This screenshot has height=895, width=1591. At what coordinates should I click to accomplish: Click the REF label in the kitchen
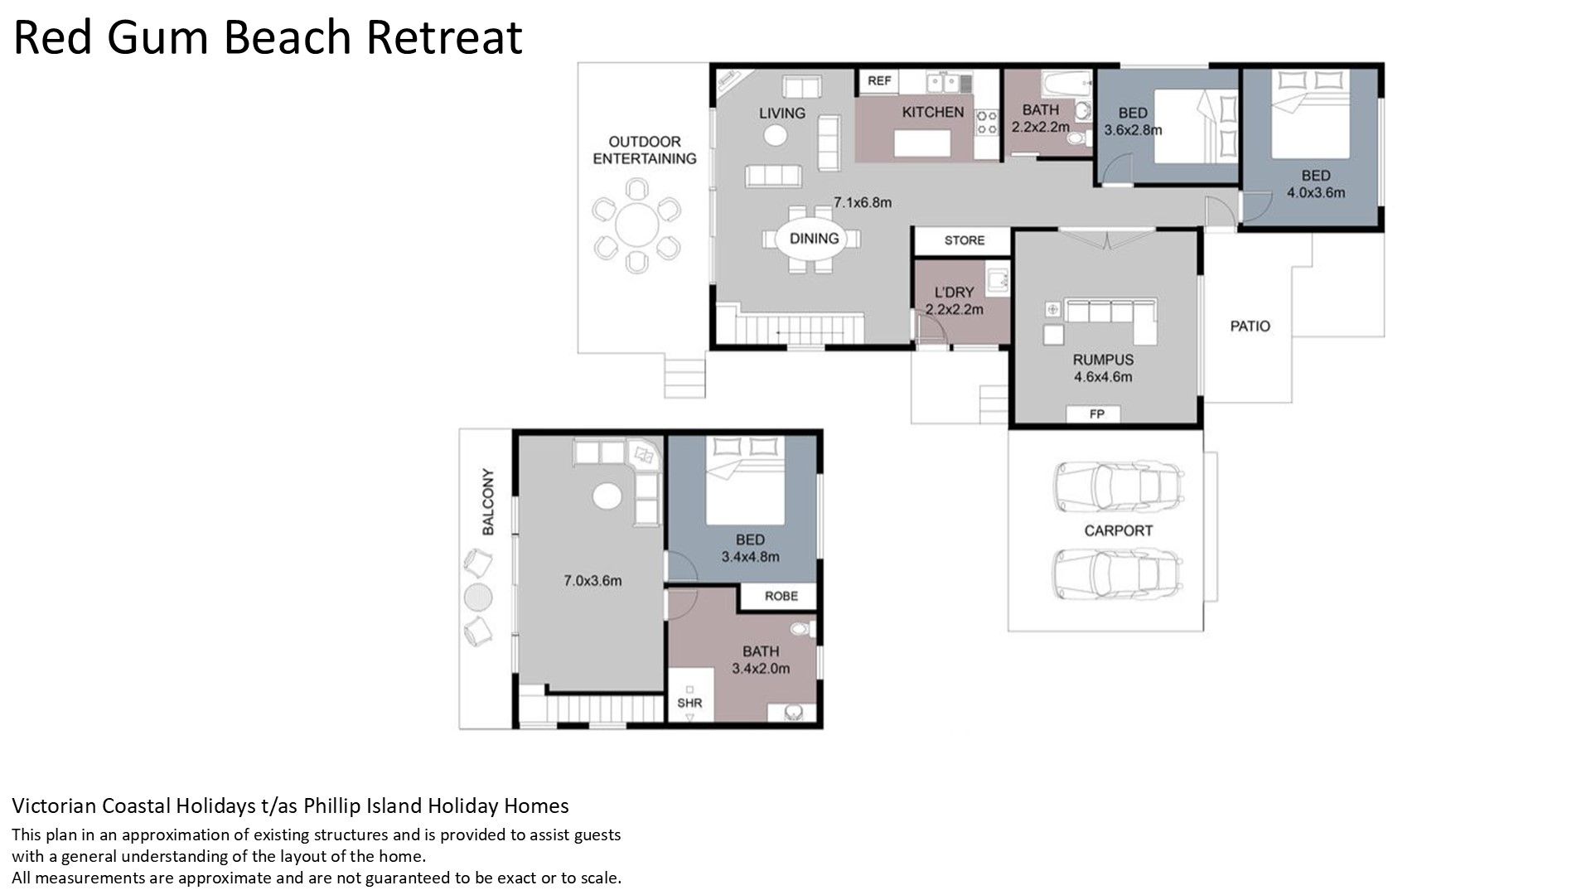(879, 80)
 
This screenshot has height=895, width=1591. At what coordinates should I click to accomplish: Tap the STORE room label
(965, 240)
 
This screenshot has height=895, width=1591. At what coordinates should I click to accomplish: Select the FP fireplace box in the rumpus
(1096, 414)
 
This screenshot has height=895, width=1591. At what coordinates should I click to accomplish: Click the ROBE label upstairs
(781, 596)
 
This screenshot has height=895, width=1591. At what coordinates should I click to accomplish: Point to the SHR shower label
(689, 703)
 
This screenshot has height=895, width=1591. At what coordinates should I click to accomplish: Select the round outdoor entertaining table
(636, 225)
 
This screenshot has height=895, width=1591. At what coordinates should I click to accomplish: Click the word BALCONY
(488, 502)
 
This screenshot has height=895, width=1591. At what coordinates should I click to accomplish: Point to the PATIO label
(1250, 327)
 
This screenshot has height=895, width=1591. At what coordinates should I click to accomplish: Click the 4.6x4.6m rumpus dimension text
(1103, 377)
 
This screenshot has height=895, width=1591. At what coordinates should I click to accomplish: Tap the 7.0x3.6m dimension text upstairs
(592, 581)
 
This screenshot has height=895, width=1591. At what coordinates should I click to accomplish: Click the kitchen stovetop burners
(987, 123)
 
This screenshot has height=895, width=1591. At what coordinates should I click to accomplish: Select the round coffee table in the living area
(775, 135)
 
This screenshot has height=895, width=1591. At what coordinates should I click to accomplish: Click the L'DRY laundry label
(954, 293)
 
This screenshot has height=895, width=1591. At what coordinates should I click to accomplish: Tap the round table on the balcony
(477, 597)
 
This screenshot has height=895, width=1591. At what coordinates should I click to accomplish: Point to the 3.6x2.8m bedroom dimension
(1133, 130)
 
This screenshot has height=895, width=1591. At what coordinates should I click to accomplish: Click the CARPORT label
(1119, 530)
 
